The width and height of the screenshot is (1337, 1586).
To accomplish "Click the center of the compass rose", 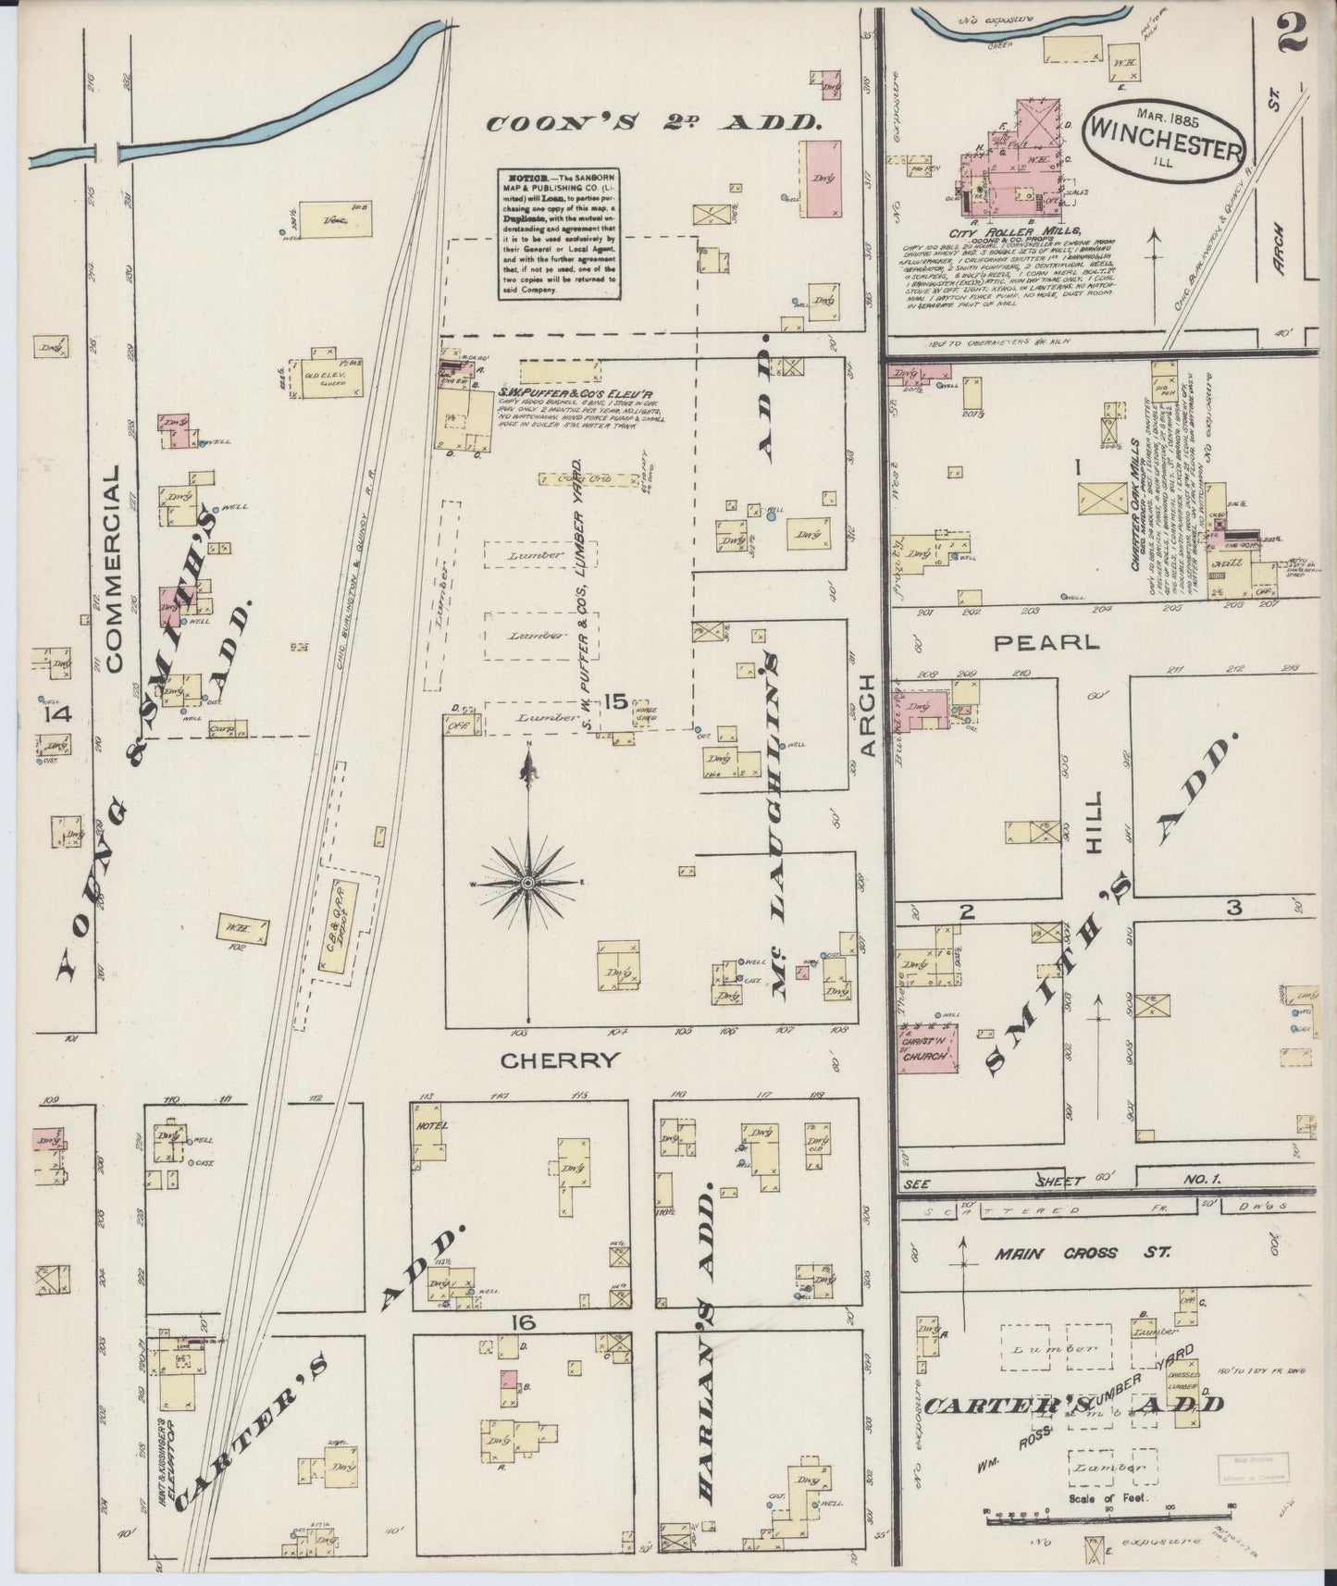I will pos(527,884).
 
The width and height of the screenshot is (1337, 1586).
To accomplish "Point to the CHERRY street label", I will pos(558,1061).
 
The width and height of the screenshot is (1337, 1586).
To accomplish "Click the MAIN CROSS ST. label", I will pos(1082,1253).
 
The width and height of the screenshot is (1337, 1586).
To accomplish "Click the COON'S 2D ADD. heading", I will pos(655,122).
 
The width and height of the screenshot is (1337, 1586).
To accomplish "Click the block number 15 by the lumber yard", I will pos(614,701).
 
